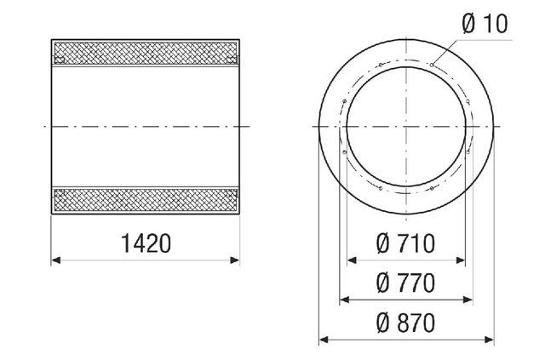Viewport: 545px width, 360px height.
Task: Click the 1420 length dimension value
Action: pos(146,244)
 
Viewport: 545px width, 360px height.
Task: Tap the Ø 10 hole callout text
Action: pos(485,24)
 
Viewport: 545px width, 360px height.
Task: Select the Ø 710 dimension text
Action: pos(406,244)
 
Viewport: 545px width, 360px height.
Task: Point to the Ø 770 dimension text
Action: pos(406,282)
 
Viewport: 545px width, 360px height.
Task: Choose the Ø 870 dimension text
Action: pos(406,323)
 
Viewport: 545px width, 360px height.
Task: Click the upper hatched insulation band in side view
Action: pos(146,53)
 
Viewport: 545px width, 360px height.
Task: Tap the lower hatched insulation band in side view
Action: pos(146,199)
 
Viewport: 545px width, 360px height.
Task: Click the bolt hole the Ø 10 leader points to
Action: pos(433,63)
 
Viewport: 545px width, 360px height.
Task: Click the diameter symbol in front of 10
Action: pos(469,24)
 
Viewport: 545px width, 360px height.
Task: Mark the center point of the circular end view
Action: pos(406,126)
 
